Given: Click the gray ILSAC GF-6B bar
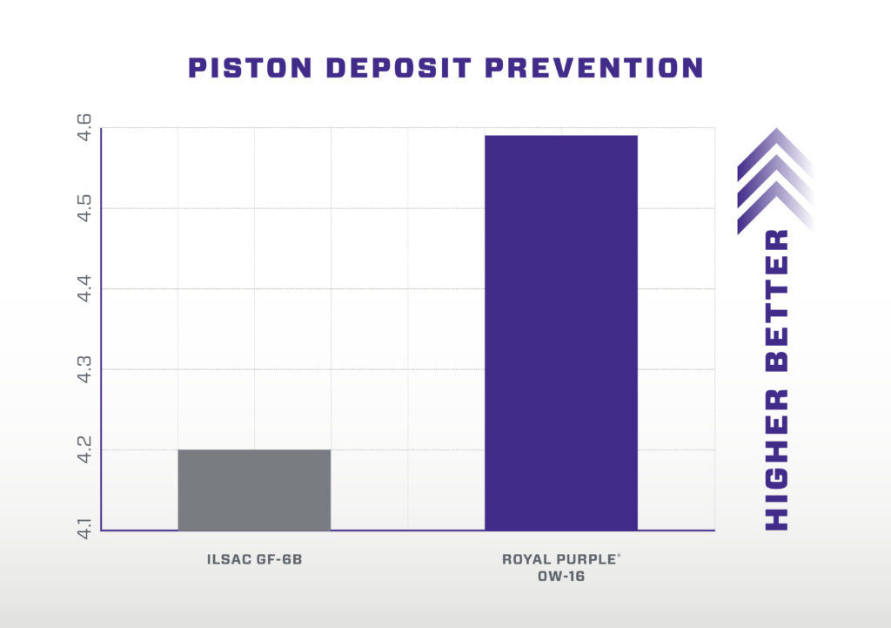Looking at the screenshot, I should coord(254,490).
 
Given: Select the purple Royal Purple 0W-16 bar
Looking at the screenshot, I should coord(560,332).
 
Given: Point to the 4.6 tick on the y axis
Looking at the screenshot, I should coord(85,128).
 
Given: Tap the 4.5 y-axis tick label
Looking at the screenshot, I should coord(85,208).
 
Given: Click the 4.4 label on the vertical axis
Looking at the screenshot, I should coord(85,289).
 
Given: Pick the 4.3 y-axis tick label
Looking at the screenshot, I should coord(85,369).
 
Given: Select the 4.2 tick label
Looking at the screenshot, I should coord(85,450).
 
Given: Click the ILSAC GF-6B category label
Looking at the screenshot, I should coord(254,558).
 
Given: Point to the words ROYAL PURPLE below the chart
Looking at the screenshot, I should coord(558,558).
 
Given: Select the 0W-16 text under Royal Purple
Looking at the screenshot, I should coord(560,575).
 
